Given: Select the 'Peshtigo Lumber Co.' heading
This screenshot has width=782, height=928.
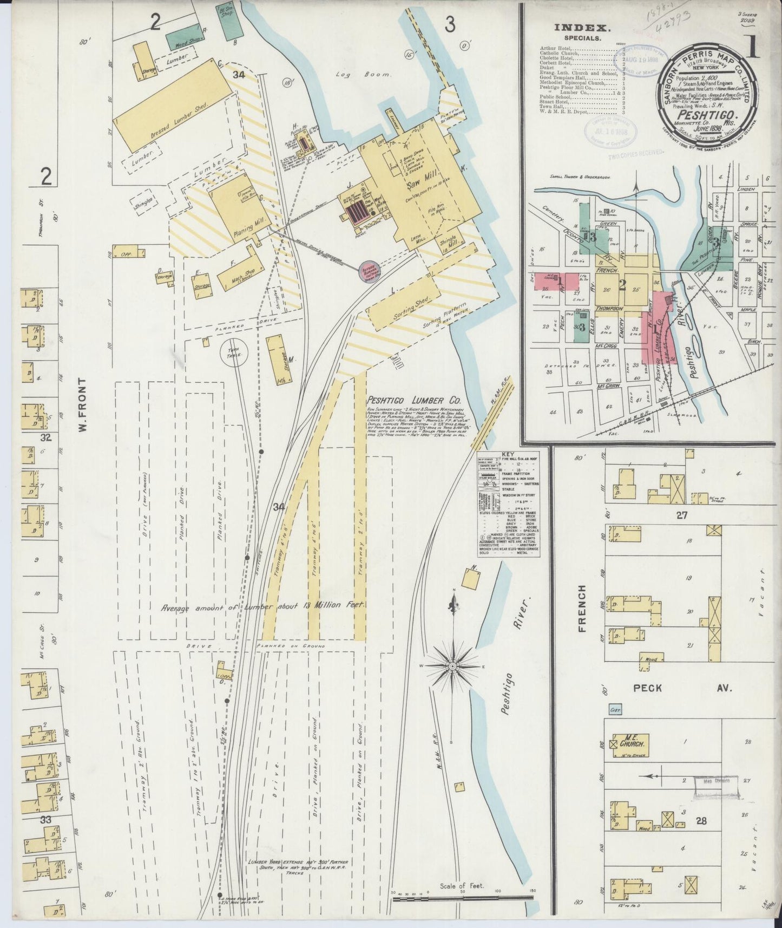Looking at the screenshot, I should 414,401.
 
